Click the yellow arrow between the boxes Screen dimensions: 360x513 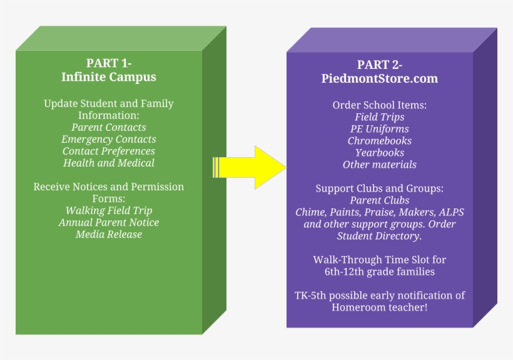(x=250, y=167)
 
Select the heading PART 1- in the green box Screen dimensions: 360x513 (x=109, y=63)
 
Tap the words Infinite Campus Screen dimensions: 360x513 (x=109, y=77)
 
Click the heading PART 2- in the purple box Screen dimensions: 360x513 (x=380, y=64)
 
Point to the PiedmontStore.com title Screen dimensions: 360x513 (x=380, y=79)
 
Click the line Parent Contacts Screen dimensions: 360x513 (x=109, y=128)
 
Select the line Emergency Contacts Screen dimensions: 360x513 (x=109, y=140)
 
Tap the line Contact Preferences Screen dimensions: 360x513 (x=109, y=152)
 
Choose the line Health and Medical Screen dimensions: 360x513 (x=109, y=163)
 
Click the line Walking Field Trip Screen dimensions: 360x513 (x=109, y=211)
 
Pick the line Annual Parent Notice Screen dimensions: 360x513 (x=109, y=223)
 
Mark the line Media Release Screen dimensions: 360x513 (x=109, y=235)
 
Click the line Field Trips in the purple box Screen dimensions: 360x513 (x=380, y=117)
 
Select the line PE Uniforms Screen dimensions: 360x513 (x=380, y=129)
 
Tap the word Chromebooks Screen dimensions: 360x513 (x=380, y=141)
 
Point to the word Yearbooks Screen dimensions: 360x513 (x=380, y=153)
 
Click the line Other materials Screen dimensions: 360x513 (x=380, y=165)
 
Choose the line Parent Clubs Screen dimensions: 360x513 (x=380, y=201)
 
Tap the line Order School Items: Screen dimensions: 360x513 (x=380, y=105)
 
